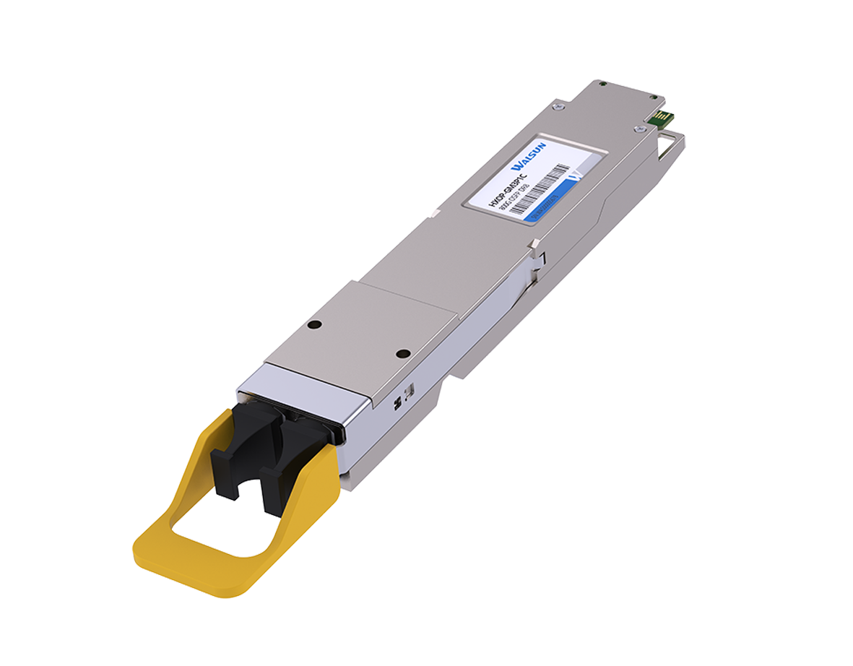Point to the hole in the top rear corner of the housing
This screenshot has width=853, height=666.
pos(604,86)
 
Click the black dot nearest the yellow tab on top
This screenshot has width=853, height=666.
pos(404,353)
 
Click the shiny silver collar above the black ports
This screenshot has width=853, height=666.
pos(303,390)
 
